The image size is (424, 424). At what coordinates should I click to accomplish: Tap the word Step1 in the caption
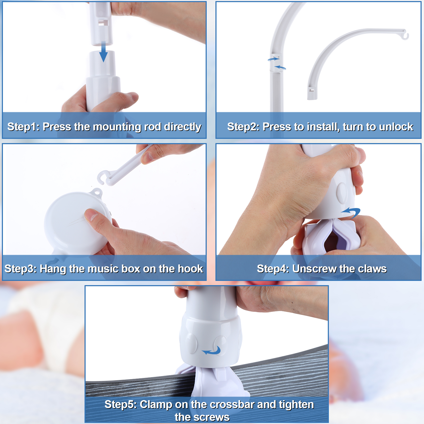click(23, 127)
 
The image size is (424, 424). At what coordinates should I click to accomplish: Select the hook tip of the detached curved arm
click(405, 36)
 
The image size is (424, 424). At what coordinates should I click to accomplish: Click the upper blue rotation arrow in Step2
click(273, 59)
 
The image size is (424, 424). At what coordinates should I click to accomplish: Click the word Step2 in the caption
click(243, 127)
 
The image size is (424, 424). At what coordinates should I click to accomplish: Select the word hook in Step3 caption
click(191, 269)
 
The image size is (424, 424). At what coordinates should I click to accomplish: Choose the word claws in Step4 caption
click(372, 269)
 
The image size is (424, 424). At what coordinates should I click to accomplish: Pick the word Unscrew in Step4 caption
click(314, 269)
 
